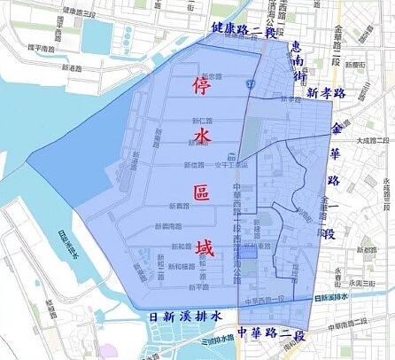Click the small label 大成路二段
point(374,140)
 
